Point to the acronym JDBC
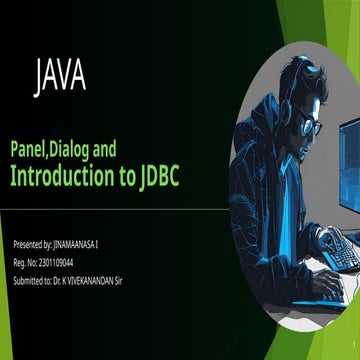pos(160,177)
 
